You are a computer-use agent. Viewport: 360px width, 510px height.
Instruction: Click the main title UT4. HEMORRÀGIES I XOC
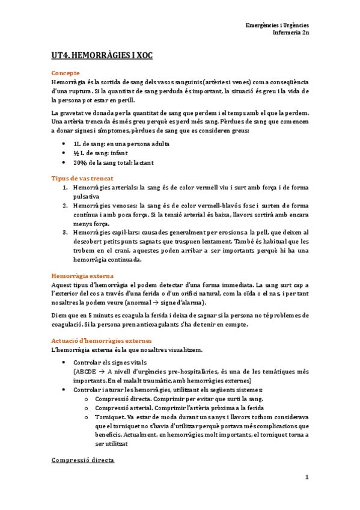pos(102,56)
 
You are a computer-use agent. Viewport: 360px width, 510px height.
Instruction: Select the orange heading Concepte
pos(66,72)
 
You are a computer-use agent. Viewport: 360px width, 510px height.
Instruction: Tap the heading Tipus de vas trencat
pos(82,179)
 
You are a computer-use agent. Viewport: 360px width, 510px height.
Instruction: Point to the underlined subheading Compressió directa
pos(83,460)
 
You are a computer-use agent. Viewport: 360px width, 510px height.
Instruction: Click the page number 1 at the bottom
pos(306,478)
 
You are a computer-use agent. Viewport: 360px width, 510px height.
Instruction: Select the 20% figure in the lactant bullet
pos(79,164)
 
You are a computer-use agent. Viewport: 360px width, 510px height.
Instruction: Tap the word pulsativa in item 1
pos(87,197)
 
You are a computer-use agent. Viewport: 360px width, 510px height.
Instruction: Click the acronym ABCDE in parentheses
pos(87,372)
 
